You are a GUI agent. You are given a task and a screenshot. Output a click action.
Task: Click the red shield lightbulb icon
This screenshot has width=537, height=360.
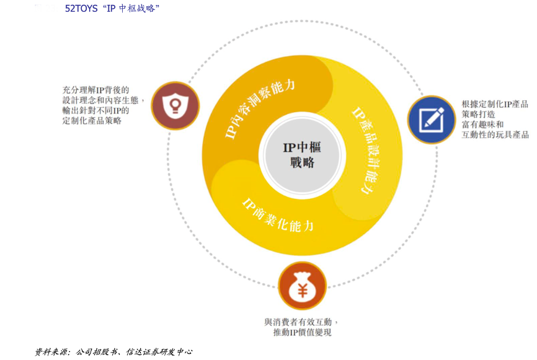[x=175, y=106]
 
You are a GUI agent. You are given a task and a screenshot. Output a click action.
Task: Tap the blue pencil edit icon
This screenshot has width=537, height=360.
[x=431, y=119]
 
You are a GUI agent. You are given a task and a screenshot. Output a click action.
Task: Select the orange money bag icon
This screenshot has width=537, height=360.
[x=302, y=286]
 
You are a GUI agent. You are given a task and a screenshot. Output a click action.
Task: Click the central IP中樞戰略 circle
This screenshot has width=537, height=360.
[x=302, y=155]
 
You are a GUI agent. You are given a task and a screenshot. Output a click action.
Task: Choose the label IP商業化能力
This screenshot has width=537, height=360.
[x=278, y=214]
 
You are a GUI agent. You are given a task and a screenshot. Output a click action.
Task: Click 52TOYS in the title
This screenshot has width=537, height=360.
[x=81, y=9]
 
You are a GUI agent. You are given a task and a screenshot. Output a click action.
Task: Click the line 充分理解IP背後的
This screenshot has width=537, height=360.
[x=95, y=90]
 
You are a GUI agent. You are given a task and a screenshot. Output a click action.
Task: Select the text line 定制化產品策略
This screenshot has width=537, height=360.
[x=92, y=121]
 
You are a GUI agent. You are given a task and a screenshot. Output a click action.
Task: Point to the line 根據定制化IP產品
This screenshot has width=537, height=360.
[x=495, y=104]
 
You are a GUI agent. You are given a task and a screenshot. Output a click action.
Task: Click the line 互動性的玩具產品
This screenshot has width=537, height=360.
[x=495, y=135]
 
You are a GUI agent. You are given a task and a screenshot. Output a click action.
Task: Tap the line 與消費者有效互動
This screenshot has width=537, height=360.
[x=301, y=322]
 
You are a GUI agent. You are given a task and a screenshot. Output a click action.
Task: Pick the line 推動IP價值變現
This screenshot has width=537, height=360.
[x=302, y=333]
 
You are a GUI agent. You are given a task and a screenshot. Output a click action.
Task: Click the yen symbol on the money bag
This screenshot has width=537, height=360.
[x=302, y=290]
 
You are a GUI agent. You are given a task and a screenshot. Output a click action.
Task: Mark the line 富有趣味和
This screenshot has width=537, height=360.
[x=482, y=125]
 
